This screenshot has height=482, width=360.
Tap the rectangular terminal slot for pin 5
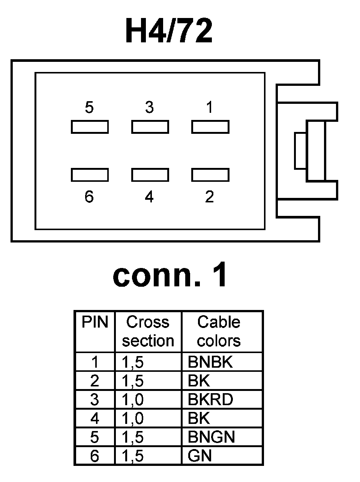(x=90, y=127)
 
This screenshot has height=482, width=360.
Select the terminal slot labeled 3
(x=150, y=127)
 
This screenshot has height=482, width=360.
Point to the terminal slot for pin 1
(x=210, y=127)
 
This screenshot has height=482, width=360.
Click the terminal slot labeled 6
(x=90, y=175)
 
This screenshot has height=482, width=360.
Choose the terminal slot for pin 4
(x=150, y=175)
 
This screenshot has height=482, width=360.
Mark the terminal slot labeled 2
(x=210, y=175)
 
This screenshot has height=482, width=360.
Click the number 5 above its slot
(x=89, y=108)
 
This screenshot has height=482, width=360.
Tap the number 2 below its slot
(x=209, y=196)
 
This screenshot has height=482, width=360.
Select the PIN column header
(x=95, y=322)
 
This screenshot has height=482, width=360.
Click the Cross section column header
(x=148, y=331)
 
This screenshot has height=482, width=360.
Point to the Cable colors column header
(x=219, y=331)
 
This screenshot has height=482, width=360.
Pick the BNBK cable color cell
(x=210, y=362)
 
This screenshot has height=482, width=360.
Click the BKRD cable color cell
(x=210, y=400)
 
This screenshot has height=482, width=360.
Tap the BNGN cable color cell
(x=211, y=437)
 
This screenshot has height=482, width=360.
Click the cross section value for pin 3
(x=133, y=400)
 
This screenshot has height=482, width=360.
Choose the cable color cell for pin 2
(x=199, y=381)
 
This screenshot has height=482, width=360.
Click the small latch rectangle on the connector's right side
(x=300, y=151)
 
